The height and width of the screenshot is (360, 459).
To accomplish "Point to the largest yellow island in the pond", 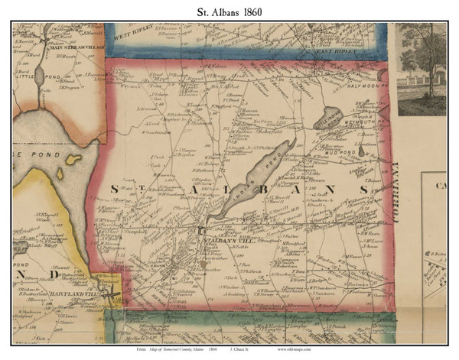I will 73,160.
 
